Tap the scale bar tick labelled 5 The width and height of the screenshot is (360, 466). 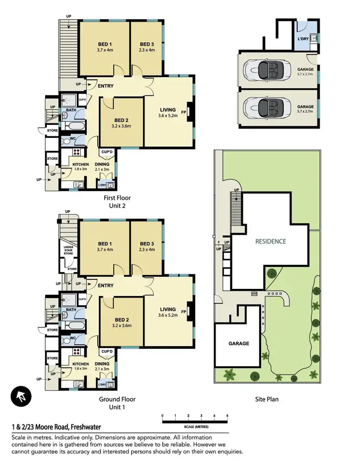[x=227, y=416]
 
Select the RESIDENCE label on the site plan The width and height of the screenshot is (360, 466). [x=270, y=241]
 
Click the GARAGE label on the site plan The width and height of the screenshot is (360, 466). [x=239, y=343]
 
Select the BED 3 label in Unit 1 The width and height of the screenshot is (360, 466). [x=146, y=244]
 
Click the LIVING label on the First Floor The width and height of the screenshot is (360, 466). [x=168, y=109]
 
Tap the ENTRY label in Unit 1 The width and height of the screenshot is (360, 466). [x=106, y=286]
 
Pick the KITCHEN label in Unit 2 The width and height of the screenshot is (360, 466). [x=80, y=164]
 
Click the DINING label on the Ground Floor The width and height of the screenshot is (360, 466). [x=102, y=364]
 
